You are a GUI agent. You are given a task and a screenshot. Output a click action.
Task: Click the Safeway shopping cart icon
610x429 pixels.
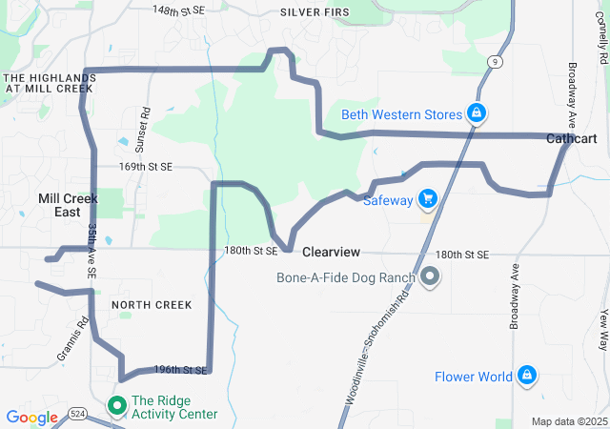428,198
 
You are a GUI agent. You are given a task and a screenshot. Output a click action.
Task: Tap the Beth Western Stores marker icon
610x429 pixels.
474,114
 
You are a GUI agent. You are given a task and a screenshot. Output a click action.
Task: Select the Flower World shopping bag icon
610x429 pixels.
525,376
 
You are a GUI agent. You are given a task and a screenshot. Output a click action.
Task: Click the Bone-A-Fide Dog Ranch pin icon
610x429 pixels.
429,277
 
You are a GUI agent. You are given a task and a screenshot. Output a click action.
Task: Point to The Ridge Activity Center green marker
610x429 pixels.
118,406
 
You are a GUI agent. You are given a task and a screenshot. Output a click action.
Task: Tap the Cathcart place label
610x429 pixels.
571,139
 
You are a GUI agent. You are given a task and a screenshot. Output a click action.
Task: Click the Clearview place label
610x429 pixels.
331,253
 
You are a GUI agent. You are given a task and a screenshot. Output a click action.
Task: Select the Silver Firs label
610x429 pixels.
315,11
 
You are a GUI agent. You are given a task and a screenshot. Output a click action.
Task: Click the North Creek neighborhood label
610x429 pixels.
151,305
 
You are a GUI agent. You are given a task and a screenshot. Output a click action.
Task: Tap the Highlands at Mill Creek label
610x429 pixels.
48,82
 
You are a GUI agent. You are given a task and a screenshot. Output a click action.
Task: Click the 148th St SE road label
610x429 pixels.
179,9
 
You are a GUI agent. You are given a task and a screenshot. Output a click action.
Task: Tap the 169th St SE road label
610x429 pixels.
145,166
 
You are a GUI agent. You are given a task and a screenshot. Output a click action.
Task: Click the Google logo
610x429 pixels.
31,417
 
